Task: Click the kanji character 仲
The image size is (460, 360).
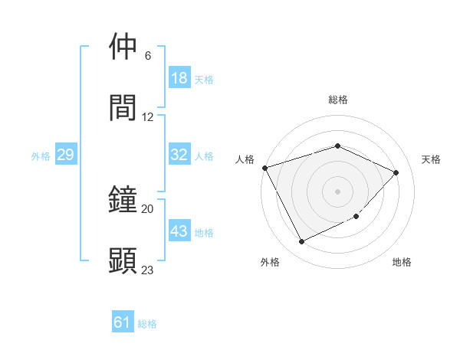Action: [123, 47]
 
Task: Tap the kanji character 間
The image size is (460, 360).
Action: [123, 107]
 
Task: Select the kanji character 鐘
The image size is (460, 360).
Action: [123, 199]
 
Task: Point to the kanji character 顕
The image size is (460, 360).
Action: [123, 260]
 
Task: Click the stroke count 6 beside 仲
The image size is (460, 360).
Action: [148, 56]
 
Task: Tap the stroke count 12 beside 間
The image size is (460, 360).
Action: [148, 117]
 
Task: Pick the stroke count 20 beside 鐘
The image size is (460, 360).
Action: [148, 209]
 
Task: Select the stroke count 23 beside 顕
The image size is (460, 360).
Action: [148, 270]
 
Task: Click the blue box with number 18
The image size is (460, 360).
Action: [179, 78]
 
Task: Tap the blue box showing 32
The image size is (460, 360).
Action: [179, 155]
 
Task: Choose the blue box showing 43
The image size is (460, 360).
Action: [179, 231]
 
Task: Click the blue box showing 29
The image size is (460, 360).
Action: [65, 155]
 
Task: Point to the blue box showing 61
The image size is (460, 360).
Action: [123, 323]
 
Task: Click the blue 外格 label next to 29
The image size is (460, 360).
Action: [41, 155]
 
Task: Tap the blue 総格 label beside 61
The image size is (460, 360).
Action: [147, 324]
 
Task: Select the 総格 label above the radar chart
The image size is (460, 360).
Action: [337, 100]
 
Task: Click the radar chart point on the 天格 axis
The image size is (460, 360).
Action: [396, 172]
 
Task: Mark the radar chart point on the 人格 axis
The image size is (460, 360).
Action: [264, 168]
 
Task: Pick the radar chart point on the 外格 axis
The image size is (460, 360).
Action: [301, 242]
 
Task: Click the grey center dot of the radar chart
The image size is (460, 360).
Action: [337, 191]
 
